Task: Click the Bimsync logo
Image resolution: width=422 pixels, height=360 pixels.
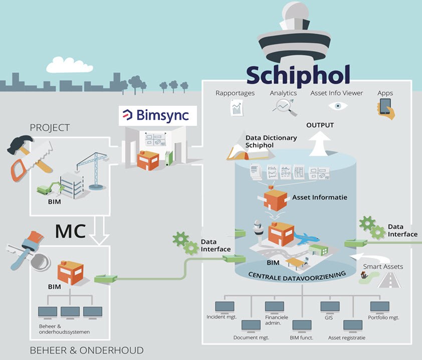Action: click(158, 115)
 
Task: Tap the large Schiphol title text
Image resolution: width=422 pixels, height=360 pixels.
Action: click(298, 75)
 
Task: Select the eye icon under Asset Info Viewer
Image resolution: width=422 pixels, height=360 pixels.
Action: click(338, 106)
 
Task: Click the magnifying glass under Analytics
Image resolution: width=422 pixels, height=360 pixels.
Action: click(285, 107)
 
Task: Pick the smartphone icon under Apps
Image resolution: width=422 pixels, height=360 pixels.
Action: click(386, 108)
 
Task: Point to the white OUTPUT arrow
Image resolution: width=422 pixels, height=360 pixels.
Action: click(319, 143)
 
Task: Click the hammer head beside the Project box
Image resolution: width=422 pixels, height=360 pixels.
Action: click(20, 144)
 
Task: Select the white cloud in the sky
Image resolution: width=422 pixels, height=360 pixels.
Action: click(70, 65)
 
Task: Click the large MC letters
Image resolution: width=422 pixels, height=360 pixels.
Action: click(71, 231)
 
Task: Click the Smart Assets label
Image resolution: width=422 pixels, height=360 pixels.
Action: click(383, 267)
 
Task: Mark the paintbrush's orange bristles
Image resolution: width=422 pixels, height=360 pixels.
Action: click(35, 237)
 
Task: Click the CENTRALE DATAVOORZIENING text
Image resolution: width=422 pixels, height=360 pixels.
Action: click(297, 276)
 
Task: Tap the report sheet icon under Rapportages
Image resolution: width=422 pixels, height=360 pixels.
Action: click(237, 108)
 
